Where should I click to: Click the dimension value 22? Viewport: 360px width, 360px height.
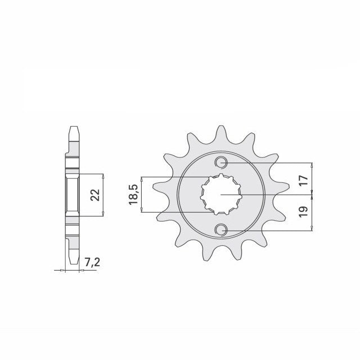pos(95,195)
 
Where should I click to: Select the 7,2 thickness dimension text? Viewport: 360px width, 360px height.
pos(92,262)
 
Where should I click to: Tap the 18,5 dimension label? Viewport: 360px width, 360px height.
pos(133,194)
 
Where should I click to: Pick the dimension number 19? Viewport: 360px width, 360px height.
pos(303,211)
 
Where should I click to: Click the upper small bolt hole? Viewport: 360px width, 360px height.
pos(221,163)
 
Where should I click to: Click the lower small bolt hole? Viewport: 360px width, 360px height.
pos(221,229)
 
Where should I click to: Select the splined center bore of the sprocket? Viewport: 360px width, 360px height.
pos(221,194)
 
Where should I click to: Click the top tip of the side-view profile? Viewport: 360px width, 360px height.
pos(74,127)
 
